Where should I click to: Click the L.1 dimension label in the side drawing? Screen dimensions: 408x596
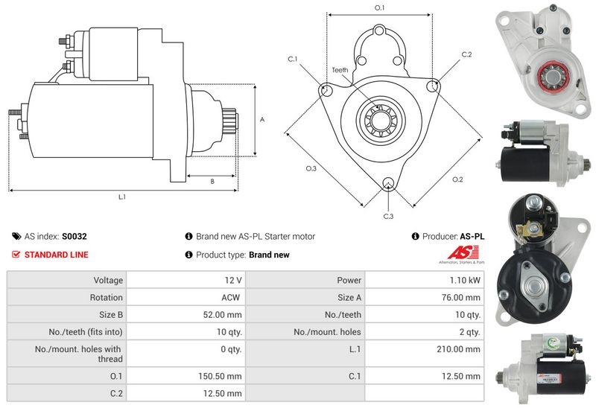point(121,197)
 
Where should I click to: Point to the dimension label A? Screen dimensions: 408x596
point(261,118)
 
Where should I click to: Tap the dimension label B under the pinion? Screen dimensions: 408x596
point(212,181)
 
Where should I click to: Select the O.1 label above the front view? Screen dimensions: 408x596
point(379,7)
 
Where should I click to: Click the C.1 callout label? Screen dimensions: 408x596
point(292,59)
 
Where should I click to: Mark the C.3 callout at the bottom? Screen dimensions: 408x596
point(388,216)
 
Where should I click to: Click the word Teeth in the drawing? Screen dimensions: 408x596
point(340,70)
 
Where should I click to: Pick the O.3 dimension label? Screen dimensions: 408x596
point(311,169)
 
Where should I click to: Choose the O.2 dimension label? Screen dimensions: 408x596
point(457,179)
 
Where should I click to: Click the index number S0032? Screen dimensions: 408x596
point(74,236)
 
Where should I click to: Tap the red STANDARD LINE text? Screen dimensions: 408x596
point(56,255)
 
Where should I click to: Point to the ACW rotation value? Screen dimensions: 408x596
point(232,297)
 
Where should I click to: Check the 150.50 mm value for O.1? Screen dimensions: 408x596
point(220,376)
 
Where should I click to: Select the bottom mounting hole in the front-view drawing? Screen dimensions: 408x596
point(387,184)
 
